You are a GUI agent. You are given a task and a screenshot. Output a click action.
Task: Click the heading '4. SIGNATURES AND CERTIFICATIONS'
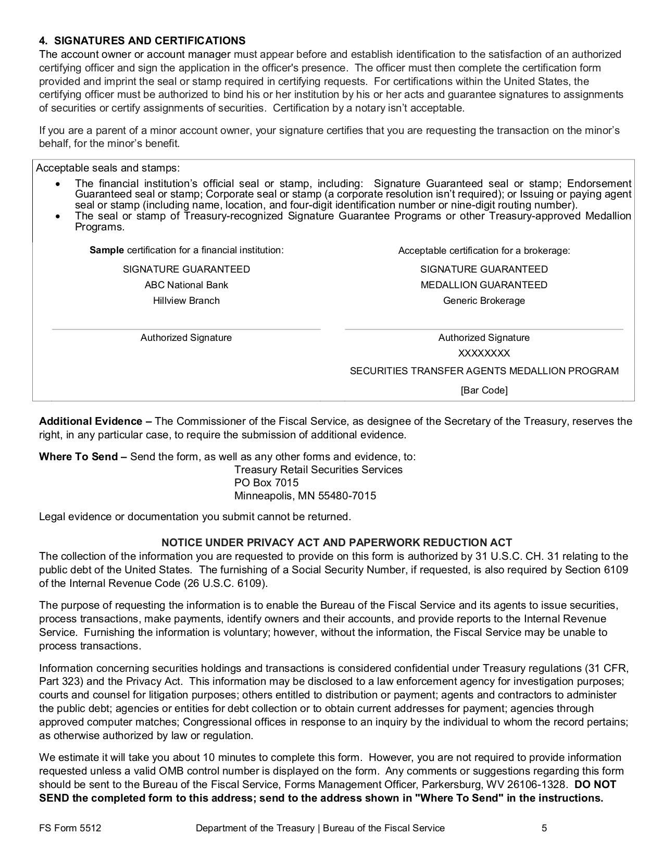[142, 41]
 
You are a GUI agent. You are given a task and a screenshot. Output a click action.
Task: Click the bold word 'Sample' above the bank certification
[107, 250]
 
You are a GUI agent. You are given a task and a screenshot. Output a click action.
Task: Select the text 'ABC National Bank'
[186, 285]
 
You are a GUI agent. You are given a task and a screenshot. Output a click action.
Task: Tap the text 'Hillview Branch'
[186, 301]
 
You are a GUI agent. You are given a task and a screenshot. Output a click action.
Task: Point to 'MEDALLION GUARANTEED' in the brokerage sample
[484, 285]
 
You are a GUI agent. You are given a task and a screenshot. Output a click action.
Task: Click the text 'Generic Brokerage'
[484, 301]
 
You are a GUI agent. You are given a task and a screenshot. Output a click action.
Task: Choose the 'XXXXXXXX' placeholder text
[484, 353]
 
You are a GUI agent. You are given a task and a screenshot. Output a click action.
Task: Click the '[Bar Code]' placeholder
[484, 390]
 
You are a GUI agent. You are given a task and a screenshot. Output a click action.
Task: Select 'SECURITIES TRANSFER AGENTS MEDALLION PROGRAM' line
[484, 371]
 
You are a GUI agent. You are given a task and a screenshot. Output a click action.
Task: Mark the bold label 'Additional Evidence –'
[95, 421]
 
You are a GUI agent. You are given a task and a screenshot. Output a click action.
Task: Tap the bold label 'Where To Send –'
[83, 457]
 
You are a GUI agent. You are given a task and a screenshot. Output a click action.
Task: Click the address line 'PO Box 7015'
[266, 483]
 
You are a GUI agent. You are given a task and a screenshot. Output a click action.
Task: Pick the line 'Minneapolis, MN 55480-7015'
[305, 496]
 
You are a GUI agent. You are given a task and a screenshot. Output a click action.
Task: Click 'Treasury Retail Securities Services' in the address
[318, 470]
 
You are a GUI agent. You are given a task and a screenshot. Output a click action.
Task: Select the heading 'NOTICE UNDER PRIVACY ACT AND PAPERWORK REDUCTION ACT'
[336, 543]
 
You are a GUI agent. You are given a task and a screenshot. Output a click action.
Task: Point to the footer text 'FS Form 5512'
[70, 828]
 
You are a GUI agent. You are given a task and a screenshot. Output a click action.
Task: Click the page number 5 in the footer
[544, 828]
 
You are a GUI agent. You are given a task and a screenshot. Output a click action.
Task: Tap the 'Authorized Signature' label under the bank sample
[186, 338]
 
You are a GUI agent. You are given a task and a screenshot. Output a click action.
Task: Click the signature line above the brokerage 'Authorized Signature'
[484, 329]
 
